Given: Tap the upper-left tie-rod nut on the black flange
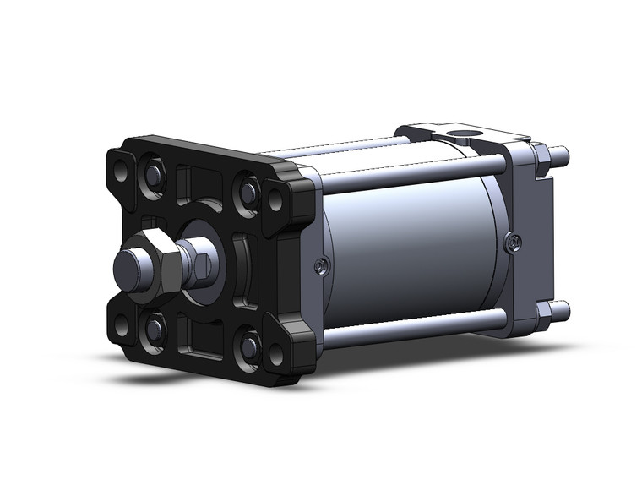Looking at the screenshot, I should click(154, 175).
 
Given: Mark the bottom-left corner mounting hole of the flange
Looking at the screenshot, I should click(122, 323).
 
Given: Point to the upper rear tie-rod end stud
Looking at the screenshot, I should click(559, 155).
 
